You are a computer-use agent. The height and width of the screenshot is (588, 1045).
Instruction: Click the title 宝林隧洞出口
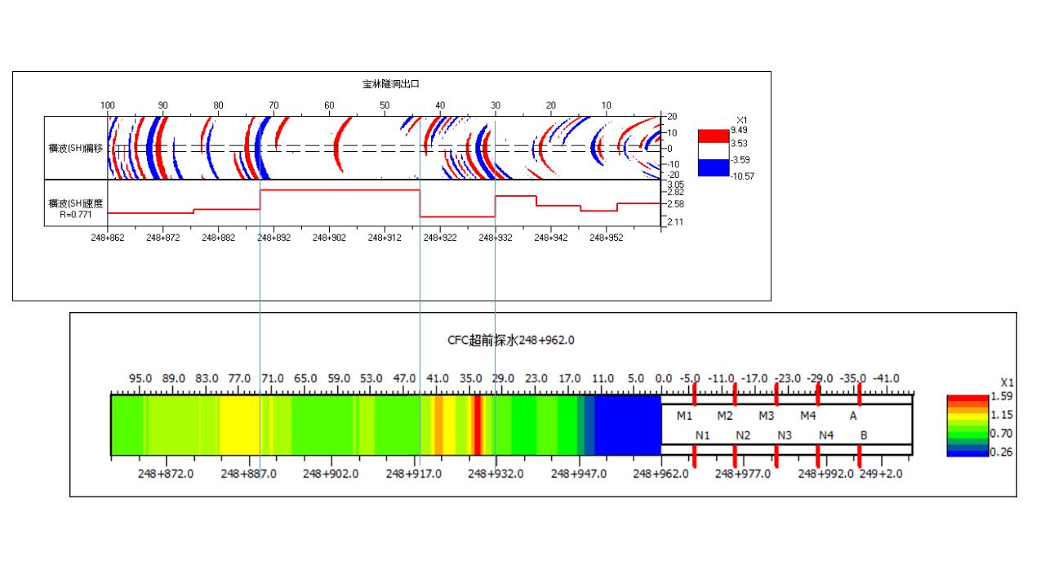pos(391,83)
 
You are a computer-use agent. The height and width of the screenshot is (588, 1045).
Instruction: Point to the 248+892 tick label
pos(273,238)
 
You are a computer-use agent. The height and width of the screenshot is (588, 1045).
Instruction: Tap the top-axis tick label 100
pos(107,105)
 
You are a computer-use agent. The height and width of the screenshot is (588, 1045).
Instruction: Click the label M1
pos(684,416)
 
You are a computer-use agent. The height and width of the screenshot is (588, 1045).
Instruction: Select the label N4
pos(826,435)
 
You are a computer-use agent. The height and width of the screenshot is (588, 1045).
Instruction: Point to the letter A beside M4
pos(853,416)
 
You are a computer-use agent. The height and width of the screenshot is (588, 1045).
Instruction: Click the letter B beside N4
pos(864,435)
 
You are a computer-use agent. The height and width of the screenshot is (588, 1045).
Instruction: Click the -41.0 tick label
pos(886,379)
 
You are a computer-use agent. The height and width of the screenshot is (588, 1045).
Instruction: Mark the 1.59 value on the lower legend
pos(1002,396)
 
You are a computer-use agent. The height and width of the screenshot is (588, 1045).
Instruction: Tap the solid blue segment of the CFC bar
pos(627,425)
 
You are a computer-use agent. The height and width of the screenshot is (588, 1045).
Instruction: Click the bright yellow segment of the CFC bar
pos(241,425)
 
